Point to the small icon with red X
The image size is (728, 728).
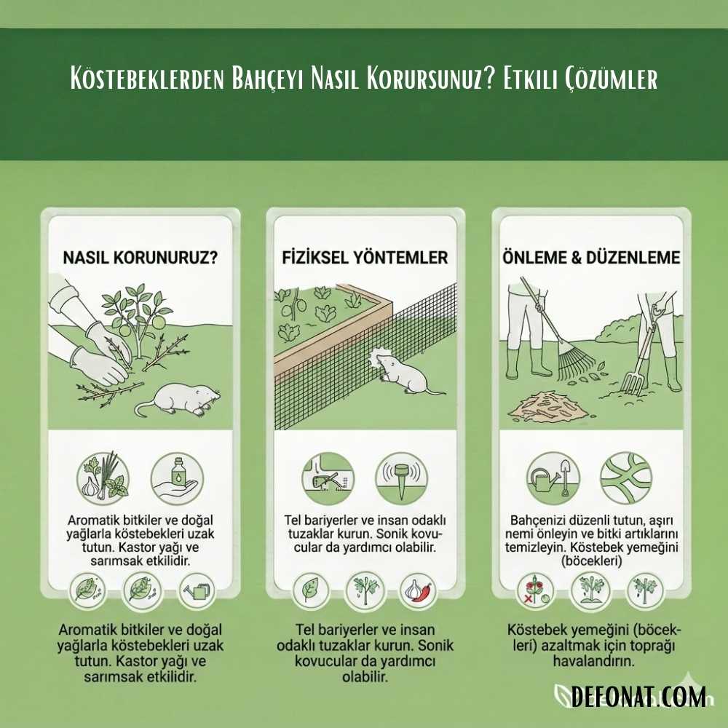532,590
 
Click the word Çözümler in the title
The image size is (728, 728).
612,79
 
